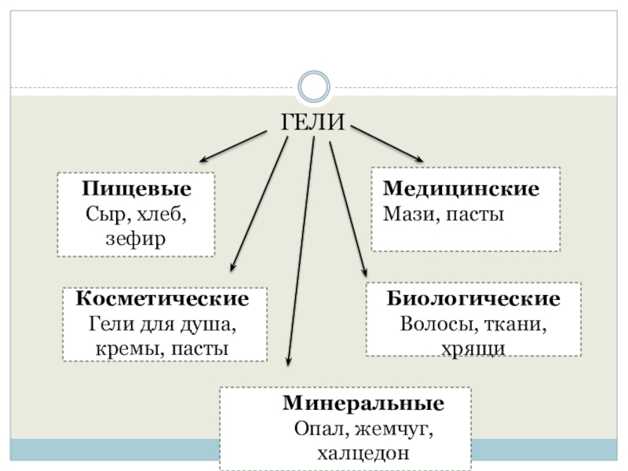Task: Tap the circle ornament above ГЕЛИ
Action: (314, 86)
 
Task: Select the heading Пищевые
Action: (137, 190)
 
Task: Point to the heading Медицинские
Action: (461, 190)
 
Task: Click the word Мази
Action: (401, 214)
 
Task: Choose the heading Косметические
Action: (163, 300)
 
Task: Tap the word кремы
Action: (123, 347)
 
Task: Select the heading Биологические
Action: (473, 300)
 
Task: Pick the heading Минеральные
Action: (363, 404)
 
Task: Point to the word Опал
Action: (319, 429)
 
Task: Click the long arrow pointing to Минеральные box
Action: (301, 251)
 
